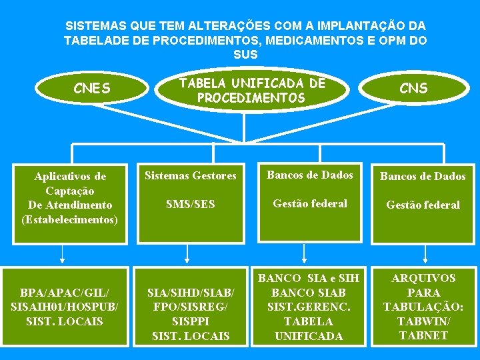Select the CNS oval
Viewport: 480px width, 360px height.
coord(413,88)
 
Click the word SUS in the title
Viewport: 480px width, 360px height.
coord(245,54)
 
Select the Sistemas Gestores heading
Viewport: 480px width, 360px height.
coord(191,176)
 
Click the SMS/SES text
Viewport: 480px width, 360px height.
coord(191,204)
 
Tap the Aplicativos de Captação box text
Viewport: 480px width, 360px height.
coord(69,183)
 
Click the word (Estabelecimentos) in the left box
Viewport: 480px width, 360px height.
coord(69,219)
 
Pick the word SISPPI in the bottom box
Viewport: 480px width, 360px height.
coord(191,321)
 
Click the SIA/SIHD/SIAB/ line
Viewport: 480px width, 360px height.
coord(191,293)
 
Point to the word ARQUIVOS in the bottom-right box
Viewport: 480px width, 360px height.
coord(423,278)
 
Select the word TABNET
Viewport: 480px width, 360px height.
coord(423,335)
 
